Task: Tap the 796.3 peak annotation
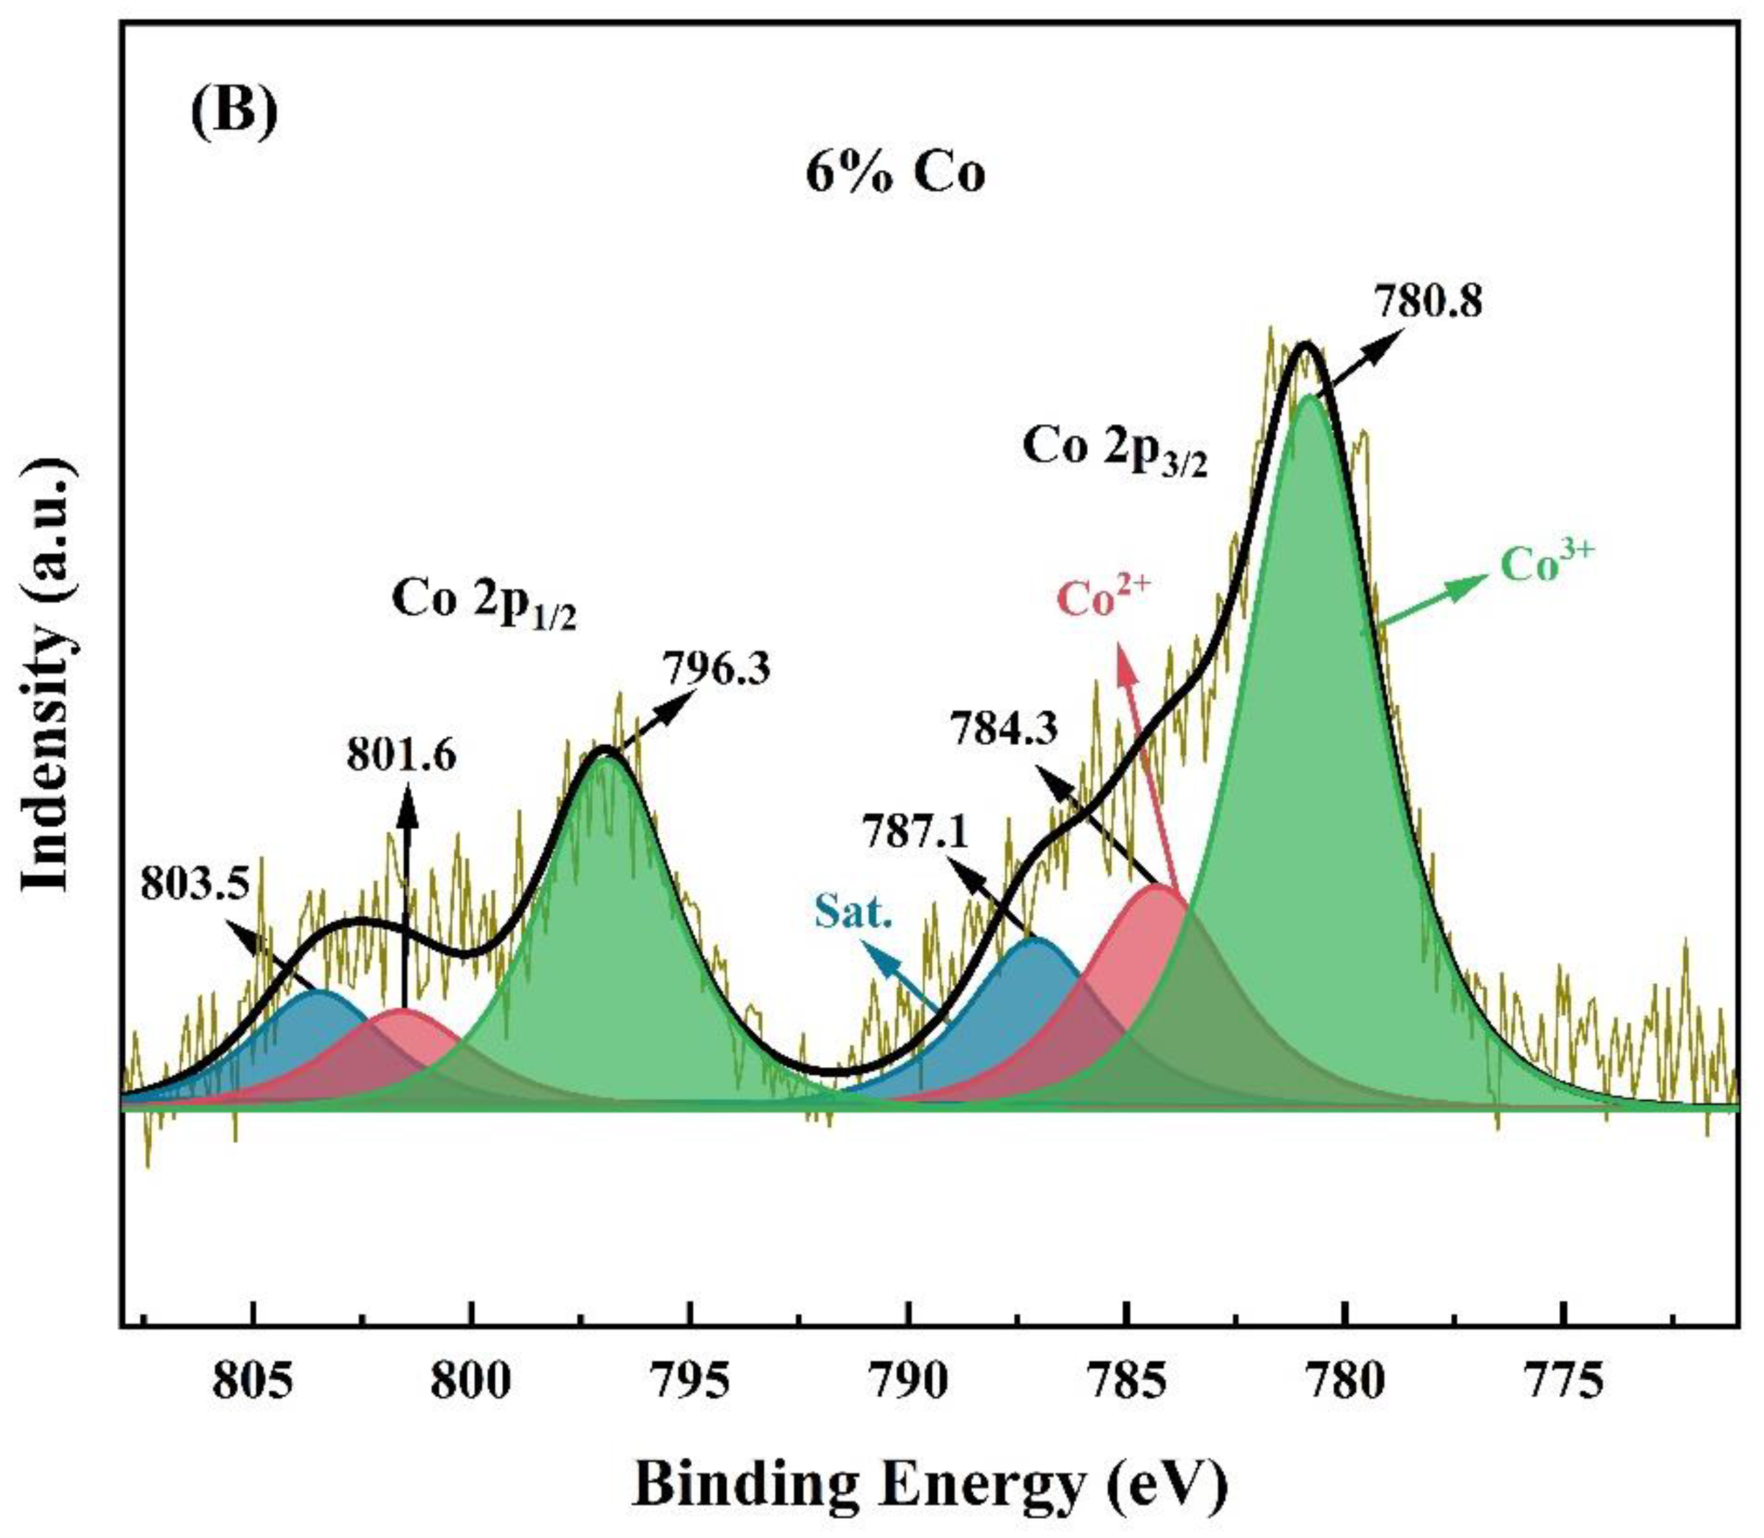(717, 668)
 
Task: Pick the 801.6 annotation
(401, 755)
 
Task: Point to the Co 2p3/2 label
(1115, 452)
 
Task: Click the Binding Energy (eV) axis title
(931, 1487)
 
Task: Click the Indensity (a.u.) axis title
(47, 678)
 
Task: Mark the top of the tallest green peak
(1308, 398)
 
